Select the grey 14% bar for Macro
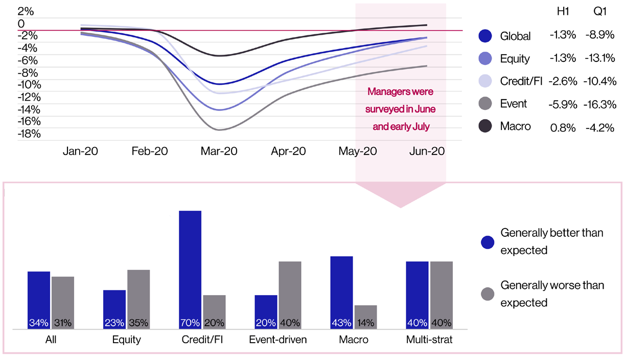(365, 317)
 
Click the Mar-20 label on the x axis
(219, 151)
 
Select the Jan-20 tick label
(80, 151)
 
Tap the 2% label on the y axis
(25, 11)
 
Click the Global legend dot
(485, 36)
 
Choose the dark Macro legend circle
(485, 126)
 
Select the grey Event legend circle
(485, 104)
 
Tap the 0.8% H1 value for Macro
(563, 126)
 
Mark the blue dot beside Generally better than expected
(488, 242)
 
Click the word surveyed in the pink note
(391, 109)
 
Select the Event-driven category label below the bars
(278, 340)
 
